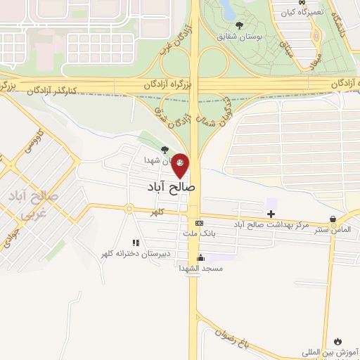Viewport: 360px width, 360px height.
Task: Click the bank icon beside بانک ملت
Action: [x=200, y=223]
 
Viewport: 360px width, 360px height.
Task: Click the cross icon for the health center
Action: [x=271, y=213]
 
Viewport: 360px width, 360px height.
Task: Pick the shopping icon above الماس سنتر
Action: [x=333, y=219]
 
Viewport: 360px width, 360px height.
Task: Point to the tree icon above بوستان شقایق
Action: [x=239, y=25]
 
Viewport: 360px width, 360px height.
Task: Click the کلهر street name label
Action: [x=155, y=211]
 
